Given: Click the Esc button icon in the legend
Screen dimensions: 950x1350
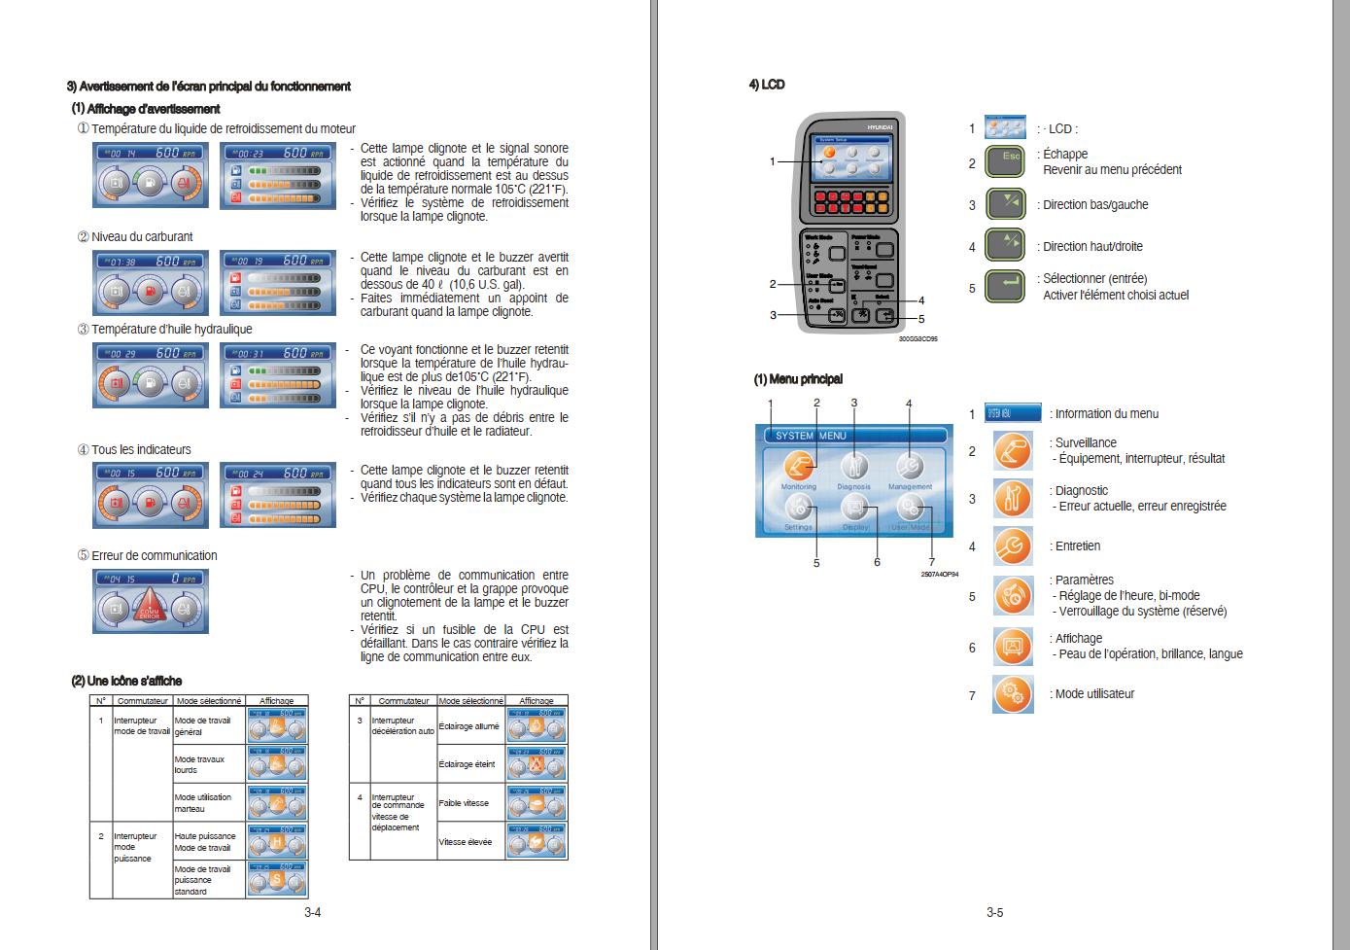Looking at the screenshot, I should tap(1005, 161).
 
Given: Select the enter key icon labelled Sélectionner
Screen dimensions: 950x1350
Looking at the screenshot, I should tap(1005, 287).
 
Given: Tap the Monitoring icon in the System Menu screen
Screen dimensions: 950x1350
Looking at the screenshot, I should tap(799, 465).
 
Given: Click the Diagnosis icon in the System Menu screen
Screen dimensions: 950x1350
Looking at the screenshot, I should tap(853, 465).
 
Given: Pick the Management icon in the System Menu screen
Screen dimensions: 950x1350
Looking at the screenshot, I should tap(910, 465).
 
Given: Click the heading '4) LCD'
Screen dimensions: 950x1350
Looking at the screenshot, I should tap(767, 86).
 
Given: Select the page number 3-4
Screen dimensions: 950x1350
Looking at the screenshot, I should tap(312, 912).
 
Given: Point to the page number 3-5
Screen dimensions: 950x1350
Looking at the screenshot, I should tap(994, 912).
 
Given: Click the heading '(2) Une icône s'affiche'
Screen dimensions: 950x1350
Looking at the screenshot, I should tap(126, 681).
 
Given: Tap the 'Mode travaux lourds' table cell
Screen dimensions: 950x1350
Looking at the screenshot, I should tap(199, 764).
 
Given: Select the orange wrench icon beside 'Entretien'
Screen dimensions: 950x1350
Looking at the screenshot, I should tap(1013, 546).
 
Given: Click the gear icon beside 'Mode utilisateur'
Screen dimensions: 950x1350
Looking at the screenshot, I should tap(1013, 694).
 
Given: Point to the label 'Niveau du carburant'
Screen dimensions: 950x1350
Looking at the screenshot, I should tap(142, 236).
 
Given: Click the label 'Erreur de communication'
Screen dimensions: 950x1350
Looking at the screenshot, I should tap(154, 555).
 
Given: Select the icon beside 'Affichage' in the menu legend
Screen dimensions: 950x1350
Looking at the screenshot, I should tap(1013, 647).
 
